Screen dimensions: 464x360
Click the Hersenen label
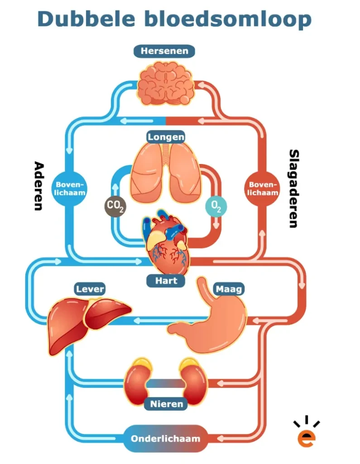coord(164,51)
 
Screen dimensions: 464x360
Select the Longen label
coord(166,136)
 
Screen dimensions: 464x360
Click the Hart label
coord(166,280)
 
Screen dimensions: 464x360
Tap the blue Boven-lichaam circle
coord(71,188)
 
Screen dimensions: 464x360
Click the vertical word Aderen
coord(38,186)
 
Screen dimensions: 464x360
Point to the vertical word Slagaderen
coord(294,188)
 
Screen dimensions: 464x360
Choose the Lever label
coord(90,289)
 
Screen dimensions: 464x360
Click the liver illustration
coord(86,319)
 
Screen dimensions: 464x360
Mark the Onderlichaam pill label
coord(165,439)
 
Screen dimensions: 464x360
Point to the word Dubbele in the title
coord(86,19)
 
